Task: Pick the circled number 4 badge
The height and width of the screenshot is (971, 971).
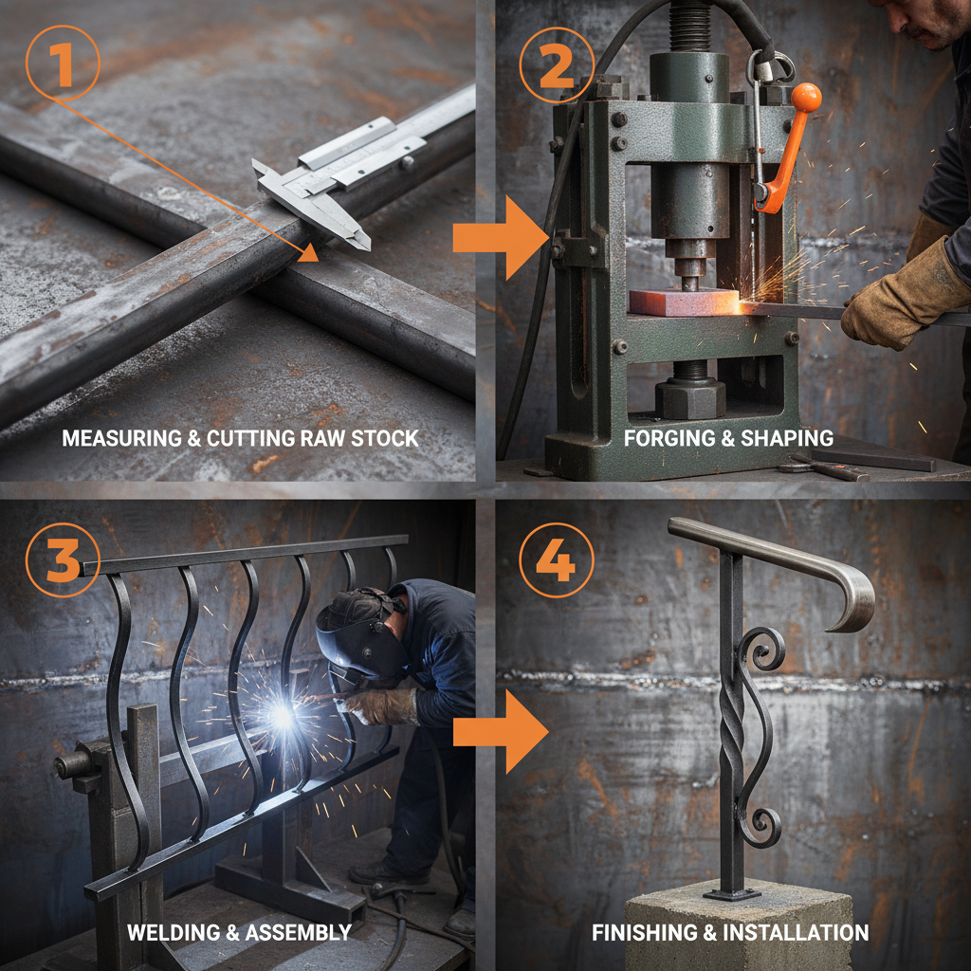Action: [x=555, y=562]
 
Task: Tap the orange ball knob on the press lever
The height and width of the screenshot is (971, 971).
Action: [x=805, y=98]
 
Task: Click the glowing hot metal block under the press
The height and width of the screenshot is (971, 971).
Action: [x=684, y=302]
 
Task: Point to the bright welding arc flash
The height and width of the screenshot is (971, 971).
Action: [x=282, y=716]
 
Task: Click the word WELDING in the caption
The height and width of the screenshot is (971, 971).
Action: [x=172, y=932]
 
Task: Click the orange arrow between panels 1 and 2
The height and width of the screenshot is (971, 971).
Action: [x=494, y=237]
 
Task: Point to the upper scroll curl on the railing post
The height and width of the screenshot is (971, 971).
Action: [x=761, y=650]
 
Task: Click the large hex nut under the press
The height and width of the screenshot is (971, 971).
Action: [x=689, y=395]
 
